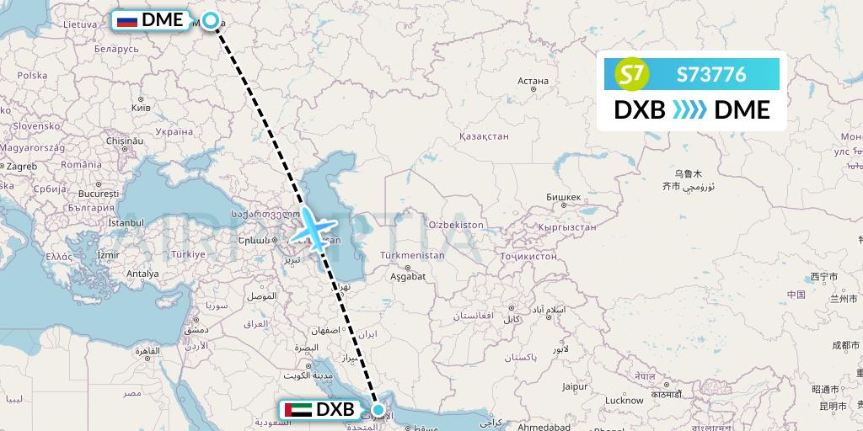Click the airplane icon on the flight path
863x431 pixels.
tap(314, 229)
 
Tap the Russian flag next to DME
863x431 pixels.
tap(127, 20)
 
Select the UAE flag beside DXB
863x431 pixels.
tap(295, 410)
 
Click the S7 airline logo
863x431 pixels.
tap(635, 74)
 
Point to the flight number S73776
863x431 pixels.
tap(711, 74)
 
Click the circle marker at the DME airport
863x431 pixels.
tap(211, 20)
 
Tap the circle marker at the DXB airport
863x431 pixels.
tap(378, 411)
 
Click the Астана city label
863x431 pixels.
tap(533, 82)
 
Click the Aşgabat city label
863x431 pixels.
tap(408, 275)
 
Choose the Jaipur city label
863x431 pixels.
tap(575, 387)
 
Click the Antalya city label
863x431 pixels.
tap(142, 274)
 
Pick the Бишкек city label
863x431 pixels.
tap(563, 198)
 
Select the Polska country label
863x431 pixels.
tap(32, 76)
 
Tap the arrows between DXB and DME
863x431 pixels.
tap(689, 110)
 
